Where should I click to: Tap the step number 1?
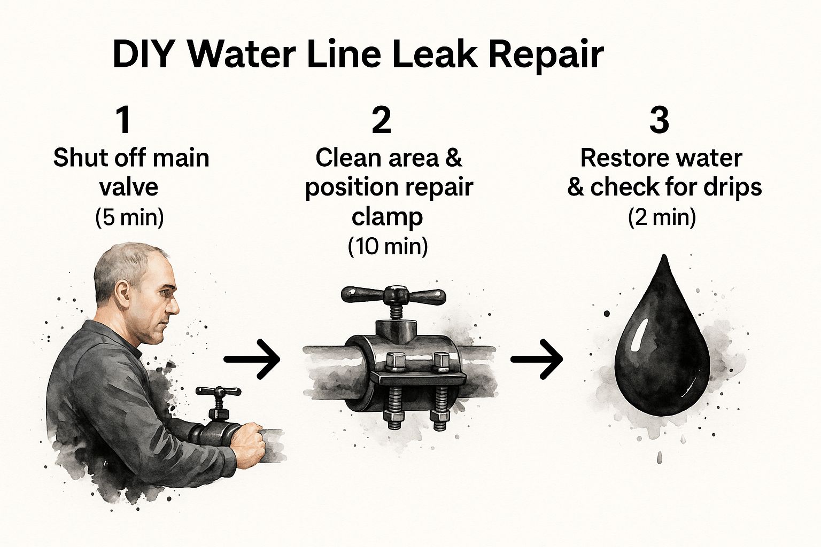point(123,121)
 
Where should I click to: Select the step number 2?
point(381,121)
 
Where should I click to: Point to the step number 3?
point(659,121)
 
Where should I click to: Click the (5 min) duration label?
point(129,217)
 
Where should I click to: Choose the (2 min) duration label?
point(662,217)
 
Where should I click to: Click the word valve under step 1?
point(129,187)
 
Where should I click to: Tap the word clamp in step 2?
point(387,217)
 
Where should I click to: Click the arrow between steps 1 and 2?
point(252,359)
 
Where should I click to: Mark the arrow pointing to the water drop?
point(537,359)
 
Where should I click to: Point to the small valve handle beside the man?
point(219,392)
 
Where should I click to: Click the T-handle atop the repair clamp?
point(393,293)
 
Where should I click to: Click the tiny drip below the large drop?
point(660,457)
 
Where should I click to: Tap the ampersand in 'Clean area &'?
point(454,158)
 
